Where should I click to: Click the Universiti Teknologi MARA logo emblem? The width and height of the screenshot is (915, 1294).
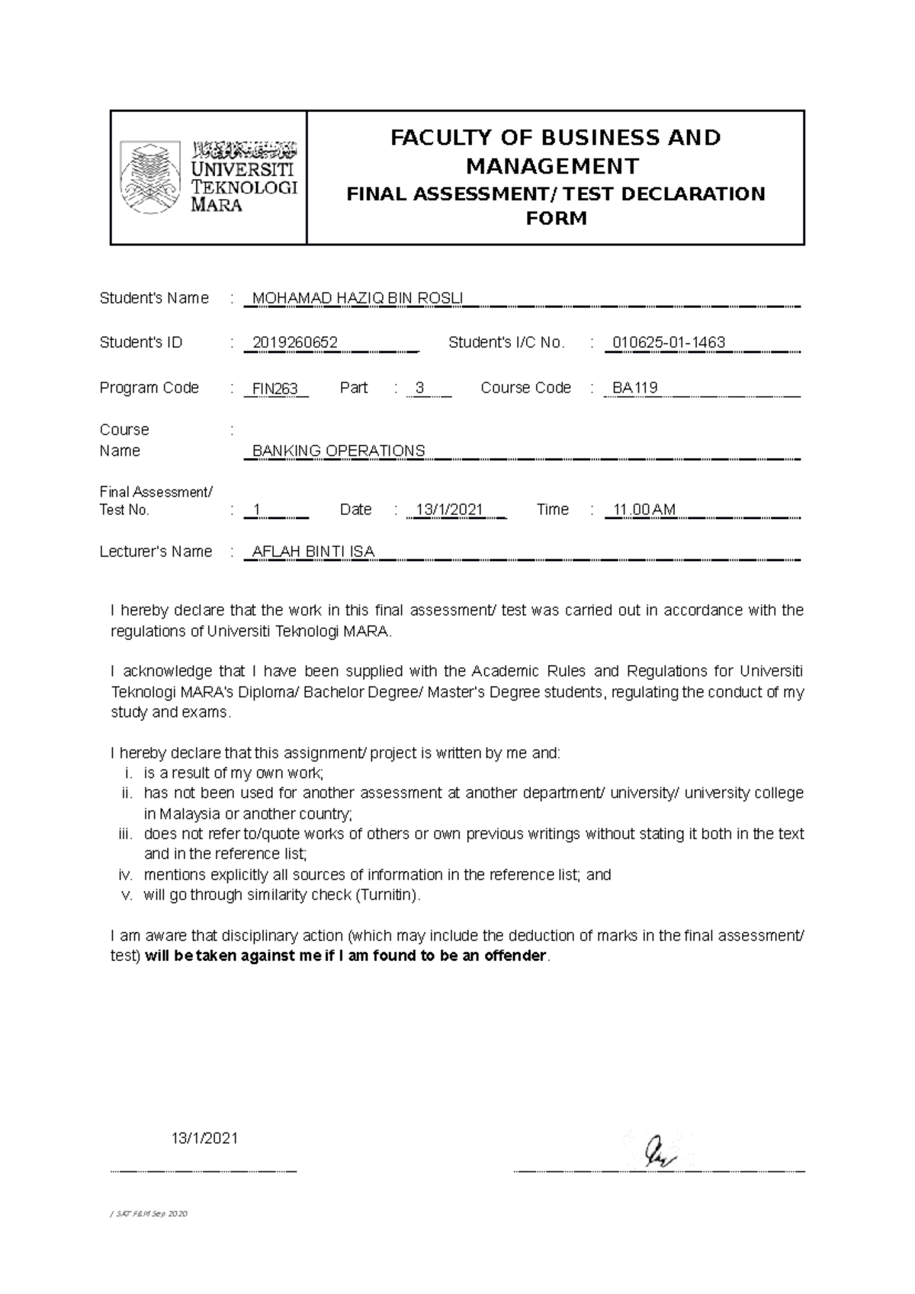pos(151,177)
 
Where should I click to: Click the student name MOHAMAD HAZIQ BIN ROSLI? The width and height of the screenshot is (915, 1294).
pos(357,299)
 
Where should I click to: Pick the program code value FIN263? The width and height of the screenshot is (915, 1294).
pos(275,389)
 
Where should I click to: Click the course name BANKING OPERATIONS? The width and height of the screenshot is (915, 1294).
pos(339,451)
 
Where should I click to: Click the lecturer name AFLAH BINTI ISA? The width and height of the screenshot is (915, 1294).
pos(313,552)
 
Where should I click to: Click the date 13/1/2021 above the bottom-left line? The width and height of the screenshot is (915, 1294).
pos(205,1139)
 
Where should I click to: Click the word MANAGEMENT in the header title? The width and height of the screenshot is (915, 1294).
pos(553,165)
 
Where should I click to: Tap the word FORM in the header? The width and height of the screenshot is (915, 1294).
pos(557,219)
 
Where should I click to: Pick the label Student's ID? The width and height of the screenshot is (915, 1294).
pos(141,343)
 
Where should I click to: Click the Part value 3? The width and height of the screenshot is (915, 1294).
pos(419,389)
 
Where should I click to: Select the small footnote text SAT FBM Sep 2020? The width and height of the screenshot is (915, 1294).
pos(151,1214)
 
